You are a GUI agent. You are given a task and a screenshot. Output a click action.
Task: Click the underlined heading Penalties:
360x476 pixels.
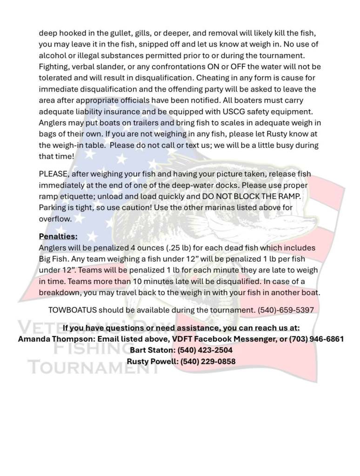58,236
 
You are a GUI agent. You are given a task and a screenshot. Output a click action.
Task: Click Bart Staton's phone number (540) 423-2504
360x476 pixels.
205,350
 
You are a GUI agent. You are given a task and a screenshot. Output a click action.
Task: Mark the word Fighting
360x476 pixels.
54,67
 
